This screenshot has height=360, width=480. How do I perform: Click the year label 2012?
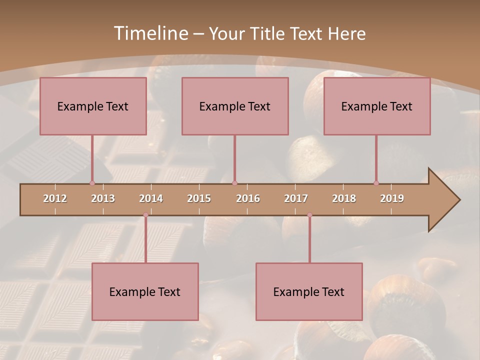click(x=55, y=198)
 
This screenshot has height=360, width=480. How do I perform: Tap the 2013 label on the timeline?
click(x=103, y=198)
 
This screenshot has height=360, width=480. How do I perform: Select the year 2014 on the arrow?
click(x=151, y=198)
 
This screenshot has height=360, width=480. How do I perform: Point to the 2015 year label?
click(x=199, y=198)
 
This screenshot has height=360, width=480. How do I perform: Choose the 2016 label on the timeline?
click(x=248, y=198)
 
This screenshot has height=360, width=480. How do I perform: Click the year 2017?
click(x=296, y=198)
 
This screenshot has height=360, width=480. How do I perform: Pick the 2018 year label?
click(x=344, y=198)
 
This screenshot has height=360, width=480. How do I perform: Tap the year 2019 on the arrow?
click(x=392, y=198)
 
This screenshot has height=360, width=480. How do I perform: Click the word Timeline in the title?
click(x=149, y=33)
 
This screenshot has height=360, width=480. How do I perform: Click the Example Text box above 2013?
click(x=93, y=106)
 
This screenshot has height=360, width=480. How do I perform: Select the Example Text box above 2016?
click(x=235, y=106)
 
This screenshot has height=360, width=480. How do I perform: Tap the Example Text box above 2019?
click(x=377, y=106)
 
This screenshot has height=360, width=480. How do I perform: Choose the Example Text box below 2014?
click(x=145, y=291)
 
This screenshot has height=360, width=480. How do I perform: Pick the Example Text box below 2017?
click(x=309, y=291)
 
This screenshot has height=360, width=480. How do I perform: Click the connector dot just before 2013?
click(x=92, y=183)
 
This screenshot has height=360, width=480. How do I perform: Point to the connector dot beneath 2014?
click(x=145, y=215)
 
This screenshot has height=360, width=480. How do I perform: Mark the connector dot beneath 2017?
click(x=309, y=215)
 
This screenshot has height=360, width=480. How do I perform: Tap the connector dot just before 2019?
click(x=376, y=183)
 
